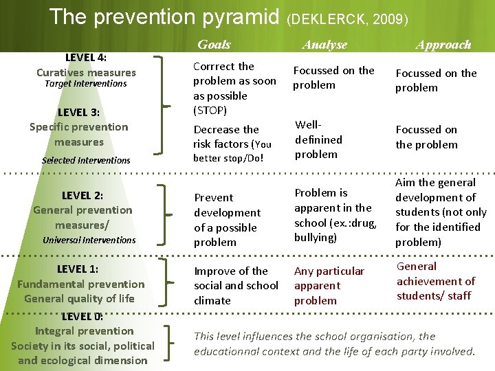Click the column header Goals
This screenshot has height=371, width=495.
point(214,45)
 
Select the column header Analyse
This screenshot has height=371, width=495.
point(324,45)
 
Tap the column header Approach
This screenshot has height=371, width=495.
point(443,45)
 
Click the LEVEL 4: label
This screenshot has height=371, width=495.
point(86,58)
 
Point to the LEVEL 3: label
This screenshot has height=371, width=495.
point(79,112)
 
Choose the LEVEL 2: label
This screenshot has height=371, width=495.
point(82,195)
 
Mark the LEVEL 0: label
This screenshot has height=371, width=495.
point(82,317)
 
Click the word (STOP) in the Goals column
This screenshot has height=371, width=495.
point(210,110)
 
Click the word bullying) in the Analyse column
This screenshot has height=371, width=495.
point(316,237)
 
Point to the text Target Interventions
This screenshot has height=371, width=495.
point(85,84)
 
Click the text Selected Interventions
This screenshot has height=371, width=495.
point(86,160)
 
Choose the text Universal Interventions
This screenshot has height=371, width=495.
point(89,240)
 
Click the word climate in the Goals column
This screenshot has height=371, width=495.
point(212,300)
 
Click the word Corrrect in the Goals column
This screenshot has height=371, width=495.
point(214,67)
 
